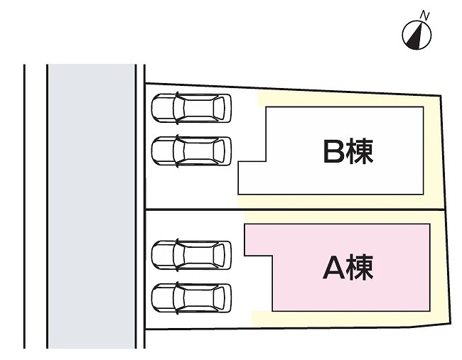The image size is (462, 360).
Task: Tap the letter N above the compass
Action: [x=425, y=14]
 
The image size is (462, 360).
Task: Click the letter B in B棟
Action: [x=334, y=151]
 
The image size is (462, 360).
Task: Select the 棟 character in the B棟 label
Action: [x=360, y=151]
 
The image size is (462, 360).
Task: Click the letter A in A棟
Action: [x=334, y=268]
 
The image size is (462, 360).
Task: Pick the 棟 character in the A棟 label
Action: [x=360, y=268]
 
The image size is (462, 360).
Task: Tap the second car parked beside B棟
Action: [x=192, y=151]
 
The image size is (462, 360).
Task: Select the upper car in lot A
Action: [x=192, y=254]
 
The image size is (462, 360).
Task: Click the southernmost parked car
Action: [x=192, y=297]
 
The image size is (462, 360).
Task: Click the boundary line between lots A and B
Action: [x=299, y=210]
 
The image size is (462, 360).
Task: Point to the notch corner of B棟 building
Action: [x=266, y=162]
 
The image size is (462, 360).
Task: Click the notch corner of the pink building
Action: [x=274, y=256]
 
